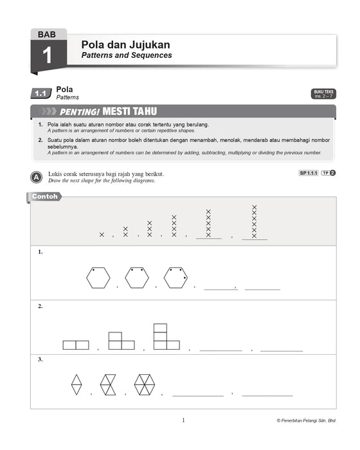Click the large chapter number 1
click(47, 55)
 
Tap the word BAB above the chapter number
click(47, 35)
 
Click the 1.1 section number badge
click(41, 93)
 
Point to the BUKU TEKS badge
click(323, 94)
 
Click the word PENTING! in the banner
click(80, 112)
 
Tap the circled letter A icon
click(37, 177)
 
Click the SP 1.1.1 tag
click(309, 173)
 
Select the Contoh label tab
click(44, 197)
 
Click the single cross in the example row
click(102, 235)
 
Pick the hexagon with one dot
click(98, 278)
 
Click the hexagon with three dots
click(175, 278)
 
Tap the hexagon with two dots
click(137, 278)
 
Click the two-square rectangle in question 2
click(76, 345)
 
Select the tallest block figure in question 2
click(166, 337)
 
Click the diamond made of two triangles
click(76, 384)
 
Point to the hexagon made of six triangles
click(145, 384)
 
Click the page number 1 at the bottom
click(183, 420)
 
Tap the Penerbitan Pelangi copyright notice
click(306, 420)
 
